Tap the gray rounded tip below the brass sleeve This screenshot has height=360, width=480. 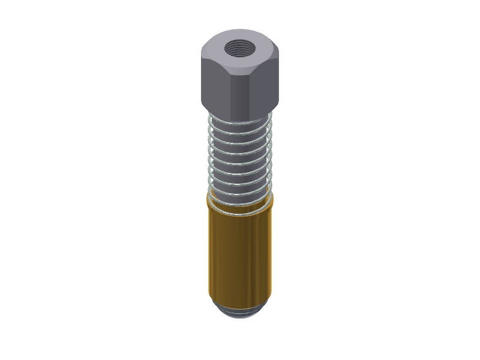pos(240,312)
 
